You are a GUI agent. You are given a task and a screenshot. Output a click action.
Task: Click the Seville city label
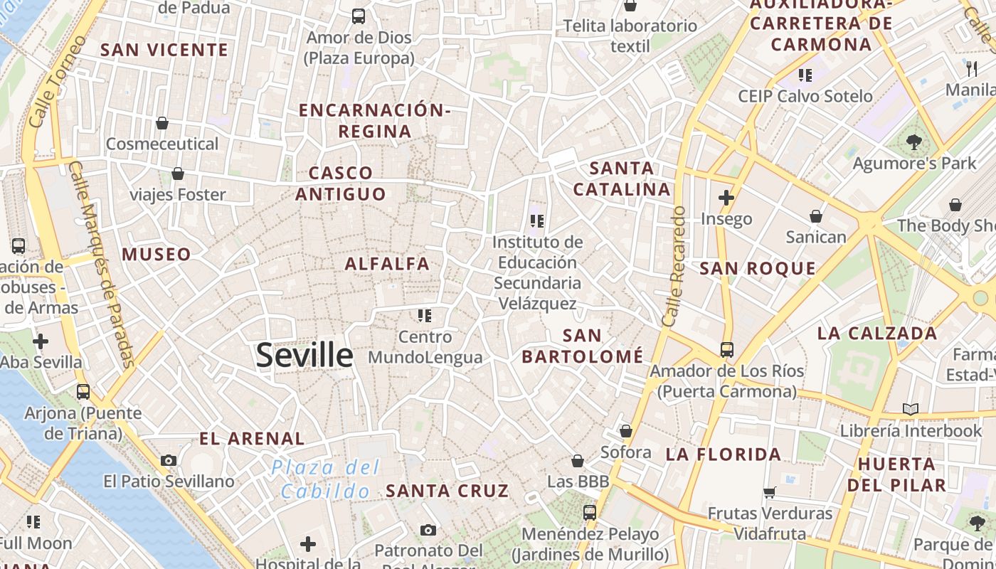pos(304,355)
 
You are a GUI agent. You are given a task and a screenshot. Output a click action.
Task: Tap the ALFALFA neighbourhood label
pos(388,264)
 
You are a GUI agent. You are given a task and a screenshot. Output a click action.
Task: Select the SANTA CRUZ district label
pos(447,490)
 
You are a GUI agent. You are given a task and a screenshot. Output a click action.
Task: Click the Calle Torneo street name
pos(58,81)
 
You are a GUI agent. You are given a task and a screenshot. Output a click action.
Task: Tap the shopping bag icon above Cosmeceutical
pos(162,123)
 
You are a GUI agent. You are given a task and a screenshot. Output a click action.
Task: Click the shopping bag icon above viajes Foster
pos(178,174)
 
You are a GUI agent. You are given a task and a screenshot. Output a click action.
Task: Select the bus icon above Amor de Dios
pos(359,16)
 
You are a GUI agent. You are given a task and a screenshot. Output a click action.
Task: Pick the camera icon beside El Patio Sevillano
pos(169,460)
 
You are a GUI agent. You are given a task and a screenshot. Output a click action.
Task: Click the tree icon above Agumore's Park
pos(914,142)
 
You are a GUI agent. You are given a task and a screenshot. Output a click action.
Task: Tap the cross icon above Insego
pos(726,198)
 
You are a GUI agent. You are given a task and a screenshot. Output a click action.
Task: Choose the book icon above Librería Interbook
pos(911,409)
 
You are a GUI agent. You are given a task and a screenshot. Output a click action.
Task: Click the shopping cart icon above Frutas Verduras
pos(770,492)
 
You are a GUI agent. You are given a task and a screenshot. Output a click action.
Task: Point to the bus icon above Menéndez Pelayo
pos(589,512)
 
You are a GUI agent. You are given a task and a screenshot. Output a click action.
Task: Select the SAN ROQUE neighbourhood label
pos(758,268)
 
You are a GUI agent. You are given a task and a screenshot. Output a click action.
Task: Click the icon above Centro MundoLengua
pos(425,315)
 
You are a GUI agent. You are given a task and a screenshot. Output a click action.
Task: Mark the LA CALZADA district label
pos(877,333)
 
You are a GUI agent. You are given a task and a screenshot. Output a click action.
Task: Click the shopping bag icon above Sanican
pos(816,216)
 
